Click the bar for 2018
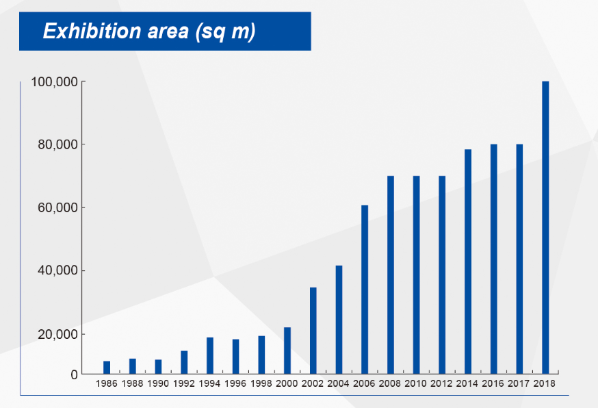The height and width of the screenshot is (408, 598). (x=545, y=227)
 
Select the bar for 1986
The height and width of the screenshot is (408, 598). (x=107, y=368)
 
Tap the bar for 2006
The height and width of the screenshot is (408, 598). (x=365, y=290)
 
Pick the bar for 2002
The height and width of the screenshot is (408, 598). (x=313, y=331)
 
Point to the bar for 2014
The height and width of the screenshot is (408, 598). (x=468, y=262)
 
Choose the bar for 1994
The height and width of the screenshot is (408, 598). (x=210, y=356)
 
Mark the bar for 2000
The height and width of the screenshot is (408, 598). (x=287, y=350)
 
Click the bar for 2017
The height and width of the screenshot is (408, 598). (x=519, y=259)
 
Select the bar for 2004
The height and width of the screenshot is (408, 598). (x=339, y=320)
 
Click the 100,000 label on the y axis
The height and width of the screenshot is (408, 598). (x=54, y=82)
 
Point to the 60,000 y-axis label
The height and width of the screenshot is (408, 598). (x=57, y=208)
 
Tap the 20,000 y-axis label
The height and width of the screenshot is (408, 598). (x=57, y=334)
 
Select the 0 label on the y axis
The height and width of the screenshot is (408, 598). (x=74, y=374)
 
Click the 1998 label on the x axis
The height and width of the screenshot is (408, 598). (x=261, y=383)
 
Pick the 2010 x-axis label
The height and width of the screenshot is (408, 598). (x=416, y=383)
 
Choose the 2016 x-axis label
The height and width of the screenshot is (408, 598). (x=493, y=383)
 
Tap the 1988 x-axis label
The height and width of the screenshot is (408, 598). (x=132, y=383)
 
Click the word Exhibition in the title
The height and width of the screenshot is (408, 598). (x=92, y=31)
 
